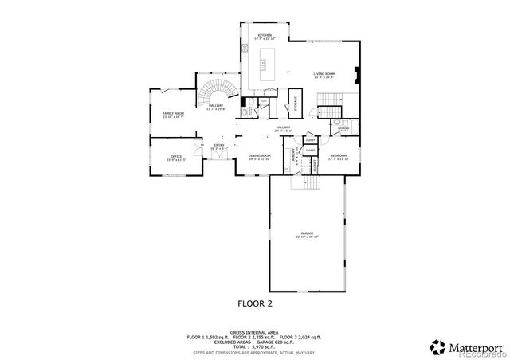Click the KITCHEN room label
pyautogui.click(x=263, y=36)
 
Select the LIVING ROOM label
pyautogui.click(x=323, y=75)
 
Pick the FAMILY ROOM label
pyautogui.click(x=174, y=115)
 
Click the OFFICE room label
pyautogui.click(x=175, y=157)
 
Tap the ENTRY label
pyautogui.click(x=218, y=147)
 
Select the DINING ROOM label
pyautogui.click(x=259, y=157)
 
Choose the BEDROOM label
pyautogui.click(x=338, y=156)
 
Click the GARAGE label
pyautogui.click(x=307, y=236)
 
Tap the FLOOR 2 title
pyautogui.click(x=256, y=303)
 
